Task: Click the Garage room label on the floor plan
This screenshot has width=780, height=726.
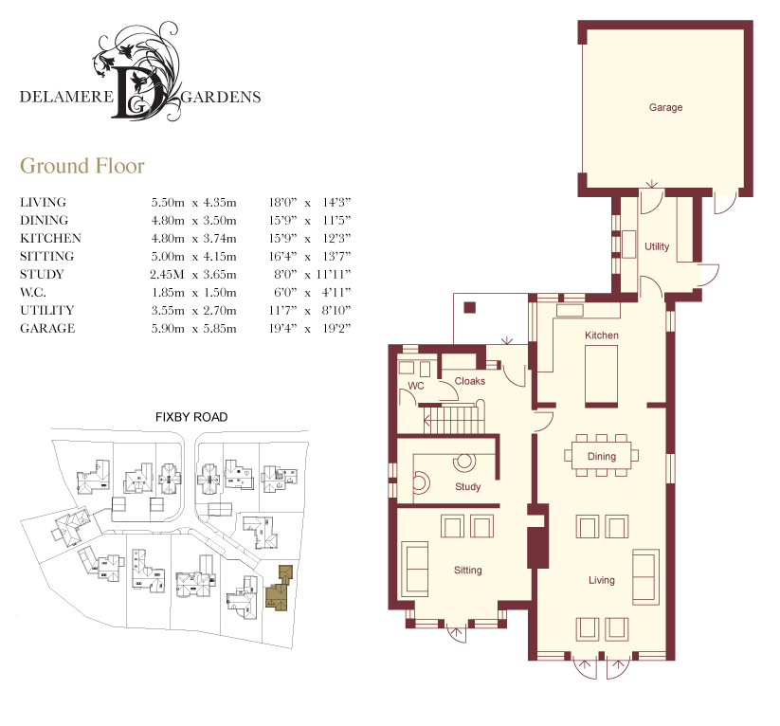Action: coord(665,107)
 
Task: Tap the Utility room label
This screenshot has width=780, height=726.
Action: coord(657,246)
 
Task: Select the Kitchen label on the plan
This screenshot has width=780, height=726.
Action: coord(602,336)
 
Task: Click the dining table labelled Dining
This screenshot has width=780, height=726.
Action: coord(602,455)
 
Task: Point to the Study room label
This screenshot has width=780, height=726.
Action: coord(467,486)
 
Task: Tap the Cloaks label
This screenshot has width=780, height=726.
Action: coord(469,381)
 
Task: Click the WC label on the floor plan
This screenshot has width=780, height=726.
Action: coord(416,386)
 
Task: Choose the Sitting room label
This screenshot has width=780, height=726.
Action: coord(467,571)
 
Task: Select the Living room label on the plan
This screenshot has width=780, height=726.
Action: coord(602,580)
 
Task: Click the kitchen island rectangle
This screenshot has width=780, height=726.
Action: coord(602,375)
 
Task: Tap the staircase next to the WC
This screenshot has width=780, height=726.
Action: coord(454,419)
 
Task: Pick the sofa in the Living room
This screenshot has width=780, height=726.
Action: coord(645,577)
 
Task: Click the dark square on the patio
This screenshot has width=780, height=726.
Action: coord(469,307)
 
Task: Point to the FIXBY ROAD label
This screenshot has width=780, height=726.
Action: coord(191,417)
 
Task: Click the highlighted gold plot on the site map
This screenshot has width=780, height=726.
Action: coord(280,590)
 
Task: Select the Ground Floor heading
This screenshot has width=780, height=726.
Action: coord(82,166)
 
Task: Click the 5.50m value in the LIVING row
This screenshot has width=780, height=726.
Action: coord(168,203)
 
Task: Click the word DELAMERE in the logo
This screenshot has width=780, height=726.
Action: coord(66,97)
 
